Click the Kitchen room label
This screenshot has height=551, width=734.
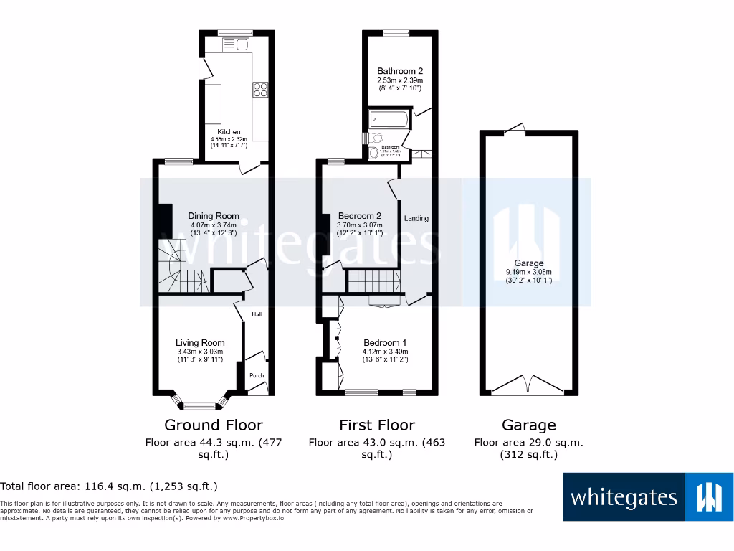(229, 132)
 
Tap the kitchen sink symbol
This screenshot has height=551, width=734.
(235, 46)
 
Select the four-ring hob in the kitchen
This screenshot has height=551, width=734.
(260, 90)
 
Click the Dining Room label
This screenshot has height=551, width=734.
(214, 216)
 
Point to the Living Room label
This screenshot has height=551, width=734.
(200, 343)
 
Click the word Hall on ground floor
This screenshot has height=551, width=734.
(257, 314)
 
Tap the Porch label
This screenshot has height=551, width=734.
(257, 376)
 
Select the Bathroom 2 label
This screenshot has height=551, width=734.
(400, 71)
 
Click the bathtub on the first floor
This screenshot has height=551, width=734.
(388, 119)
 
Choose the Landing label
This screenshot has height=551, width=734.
(416, 218)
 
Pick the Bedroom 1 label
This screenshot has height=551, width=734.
(385, 343)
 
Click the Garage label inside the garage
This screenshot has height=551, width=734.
(529, 263)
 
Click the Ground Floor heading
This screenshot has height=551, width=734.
(214, 425)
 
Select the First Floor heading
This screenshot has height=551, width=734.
(377, 425)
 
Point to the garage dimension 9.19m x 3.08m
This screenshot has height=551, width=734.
(529, 272)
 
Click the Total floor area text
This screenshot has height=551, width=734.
(109, 486)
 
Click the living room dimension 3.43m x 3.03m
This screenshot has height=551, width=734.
(200, 352)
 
